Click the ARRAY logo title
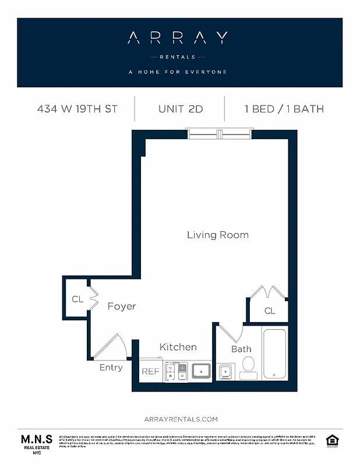click(178, 38)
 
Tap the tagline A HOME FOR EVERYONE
click(178, 72)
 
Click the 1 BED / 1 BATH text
click(284, 109)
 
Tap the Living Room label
click(217, 235)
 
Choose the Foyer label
click(121, 306)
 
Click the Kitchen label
click(178, 347)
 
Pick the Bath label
click(241, 349)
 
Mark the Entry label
click(111, 368)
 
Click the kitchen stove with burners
click(176, 371)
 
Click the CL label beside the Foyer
click(77, 299)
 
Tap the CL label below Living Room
click(269, 311)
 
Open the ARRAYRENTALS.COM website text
click(180, 419)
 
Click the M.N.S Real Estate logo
click(37, 443)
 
